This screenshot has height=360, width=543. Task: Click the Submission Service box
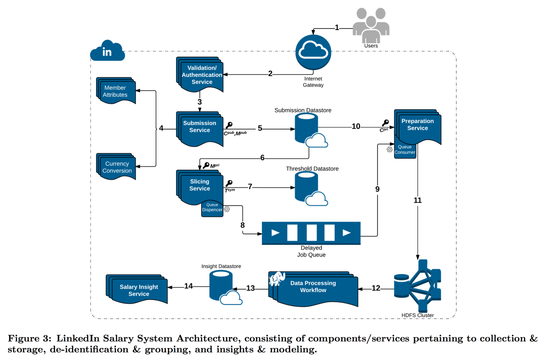pyautogui.click(x=199, y=127)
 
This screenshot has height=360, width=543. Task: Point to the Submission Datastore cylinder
pyautogui.click(x=306, y=127)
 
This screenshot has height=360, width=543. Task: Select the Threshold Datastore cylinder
pyautogui.click(x=306, y=186)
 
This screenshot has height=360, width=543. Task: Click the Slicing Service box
pyautogui.click(x=199, y=186)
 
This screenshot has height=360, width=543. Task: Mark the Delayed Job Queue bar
pyautogui.click(x=311, y=233)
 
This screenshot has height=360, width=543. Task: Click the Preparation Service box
pyautogui.click(x=417, y=126)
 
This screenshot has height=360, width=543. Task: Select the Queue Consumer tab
pyautogui.click(x=404, y=150)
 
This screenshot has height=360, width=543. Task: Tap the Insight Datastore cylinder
pyautogui.click(x=221, y=286)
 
